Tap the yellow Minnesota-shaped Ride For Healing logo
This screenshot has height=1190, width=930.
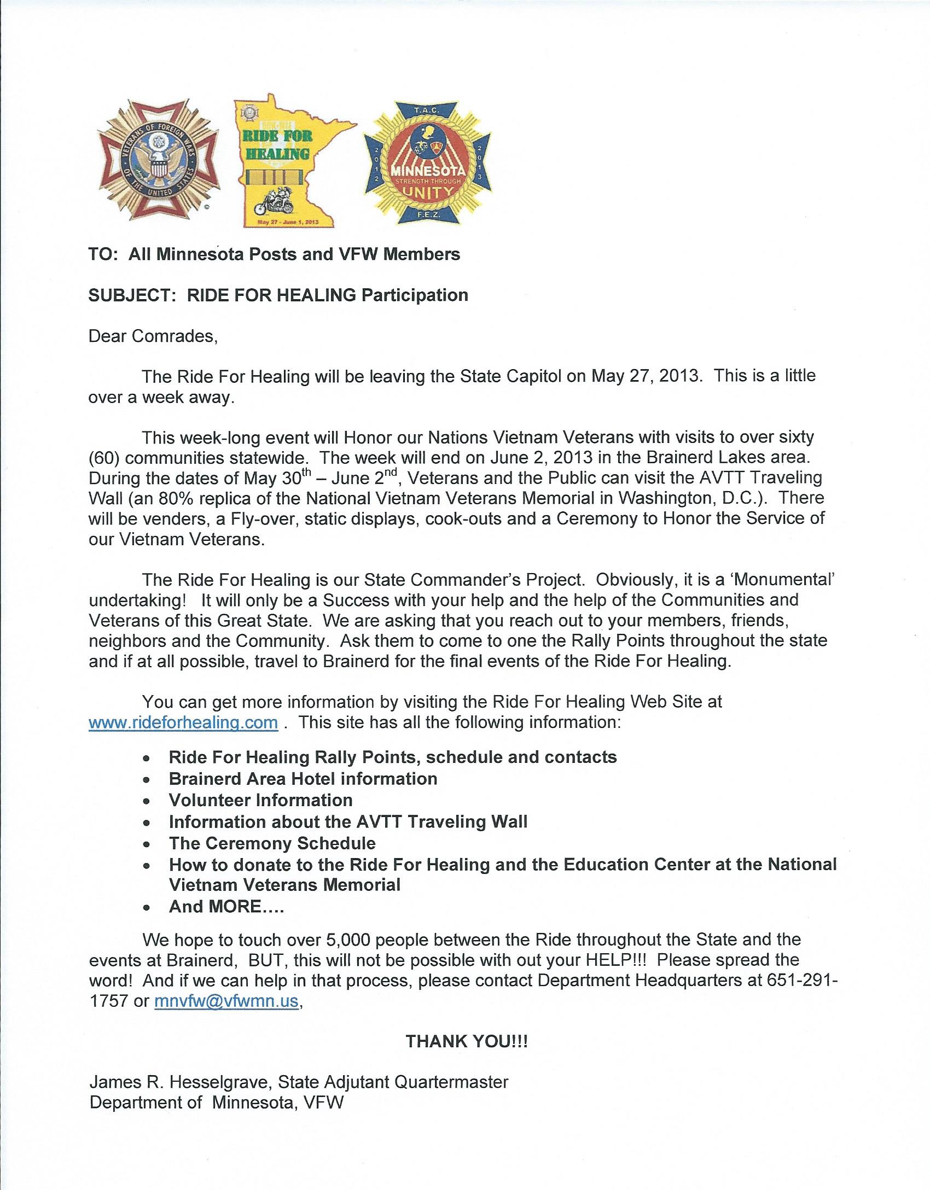pyautogui.click(x=287, y=161)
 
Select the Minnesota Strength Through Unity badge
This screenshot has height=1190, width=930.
pyautogui.click(x=428, y=162)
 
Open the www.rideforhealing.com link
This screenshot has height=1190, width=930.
pyautogui.click(x=183, y=722)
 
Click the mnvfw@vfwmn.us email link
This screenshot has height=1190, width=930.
pyautogui.click(x=226, y=1001)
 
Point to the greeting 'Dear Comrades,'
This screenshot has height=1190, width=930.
pyautogui.click(x=153, y=336)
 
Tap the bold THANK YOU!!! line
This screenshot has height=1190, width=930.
pyautogui.click(x=467, y=1041)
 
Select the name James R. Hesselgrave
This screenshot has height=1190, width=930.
pyautogui.click(x=181, y=1082)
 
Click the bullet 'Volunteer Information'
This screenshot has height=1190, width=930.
pyautogui.click(x=260, y=800)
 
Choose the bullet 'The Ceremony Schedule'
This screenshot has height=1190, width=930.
pyautogui.click(x=272, y=843)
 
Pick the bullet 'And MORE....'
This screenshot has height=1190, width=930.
pyautogui.click(x=226, y=907)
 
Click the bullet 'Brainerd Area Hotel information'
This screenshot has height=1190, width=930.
pyautogui.click(x=303, y=779)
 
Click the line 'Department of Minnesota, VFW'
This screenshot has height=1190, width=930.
pyautogui.click(x=217, y=1102)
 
